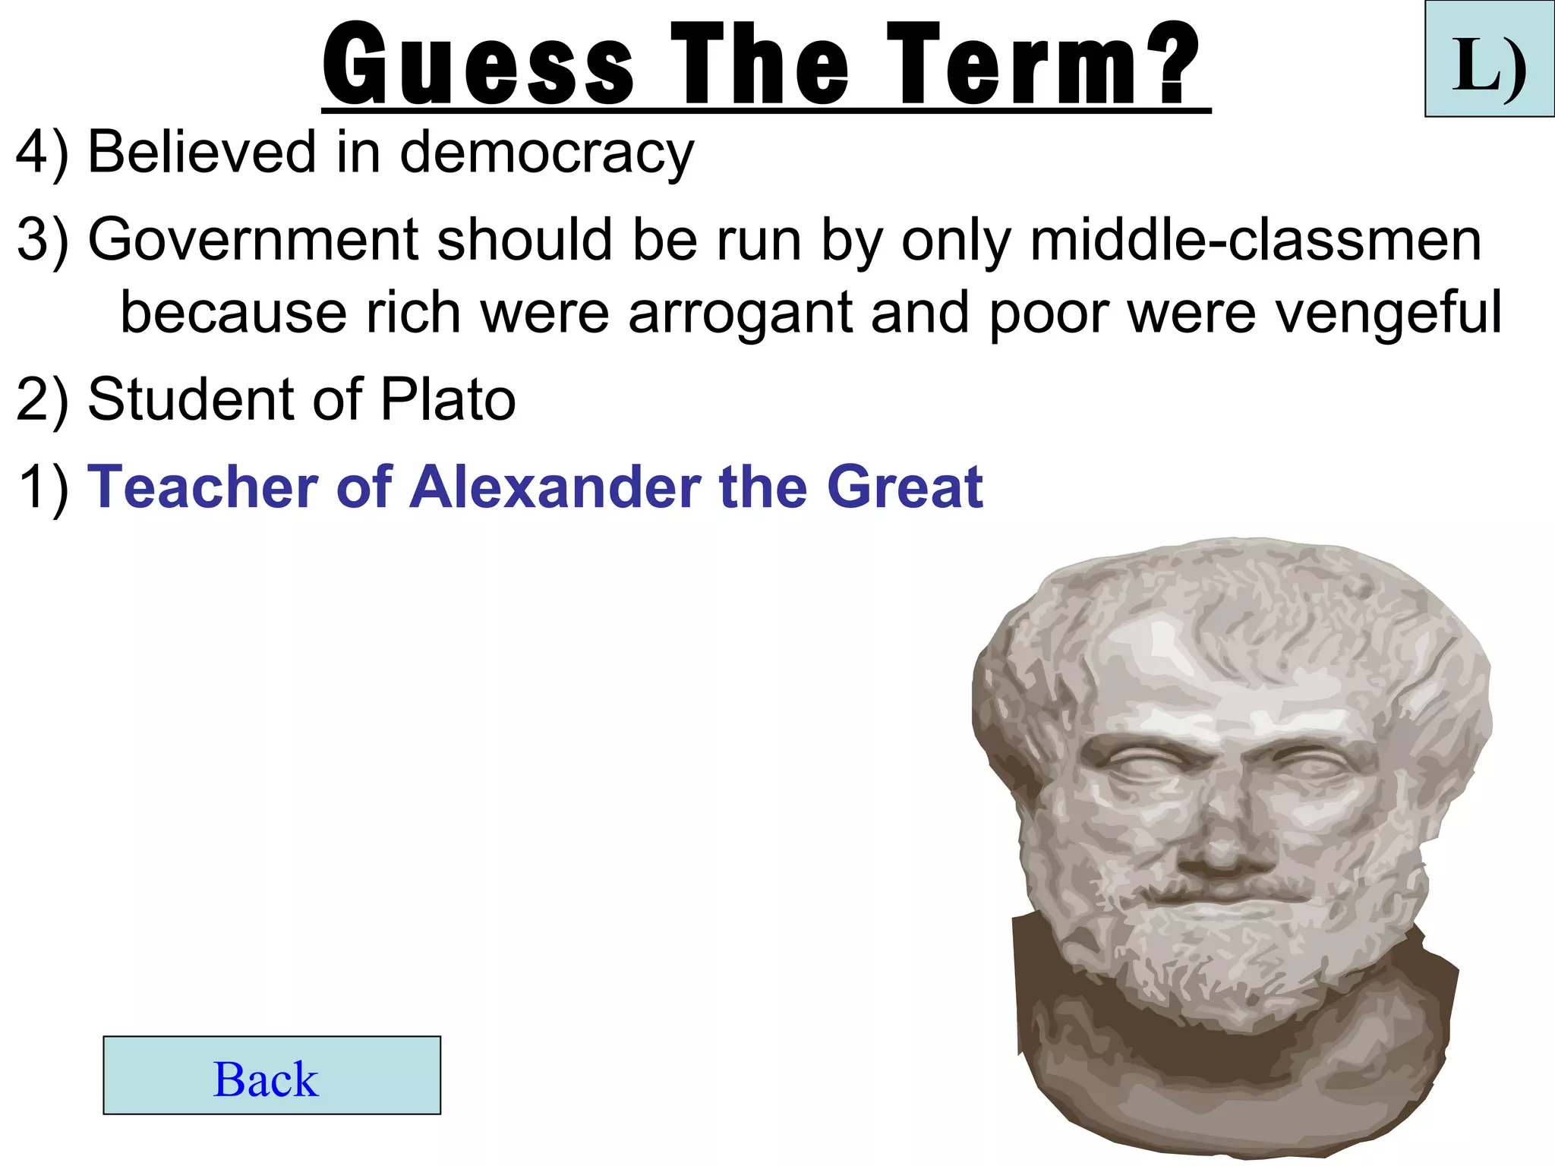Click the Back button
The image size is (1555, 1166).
tap(271, 1075)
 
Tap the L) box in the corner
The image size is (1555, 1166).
tap(1490, 60)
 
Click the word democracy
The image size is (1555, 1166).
tap(547, 153)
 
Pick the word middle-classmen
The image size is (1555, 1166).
tap(1255, 240)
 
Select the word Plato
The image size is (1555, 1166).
tap(448, 400)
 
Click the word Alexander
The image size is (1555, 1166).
tap(555, 487)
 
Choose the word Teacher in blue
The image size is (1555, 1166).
tap(203, 487)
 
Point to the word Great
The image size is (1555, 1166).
tap(904, 487)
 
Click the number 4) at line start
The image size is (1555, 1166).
tap(42, 153)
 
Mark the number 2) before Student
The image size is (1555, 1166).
tap(42, 400)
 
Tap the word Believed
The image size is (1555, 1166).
tap(201, 152)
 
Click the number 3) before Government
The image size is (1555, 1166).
tap(42, 240)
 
